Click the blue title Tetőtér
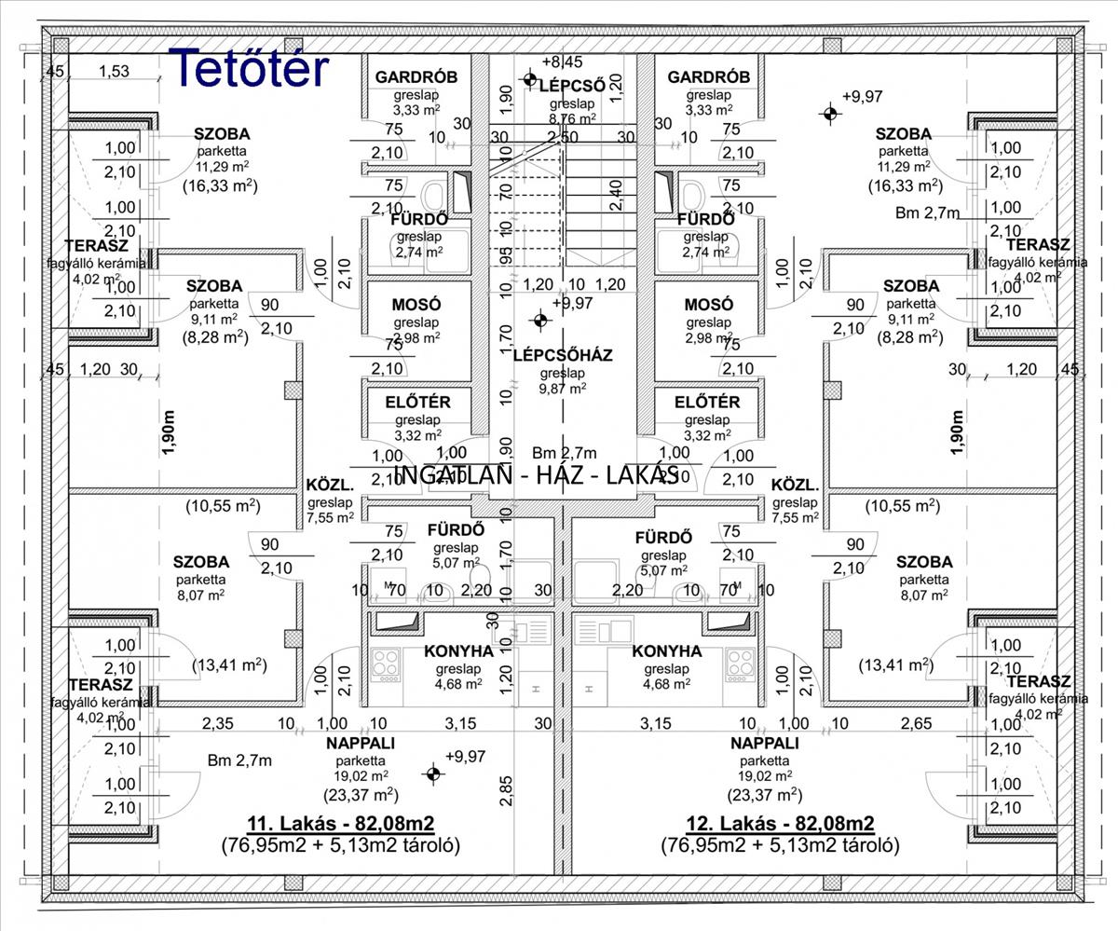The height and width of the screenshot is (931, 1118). tap(251, 67)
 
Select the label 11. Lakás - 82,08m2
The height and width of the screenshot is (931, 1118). tap(341, 823)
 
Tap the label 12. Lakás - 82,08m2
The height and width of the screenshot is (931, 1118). tap(781, 823)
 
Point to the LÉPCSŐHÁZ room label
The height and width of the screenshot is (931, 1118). tap(562, 355)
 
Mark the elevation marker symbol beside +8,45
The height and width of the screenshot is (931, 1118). tap(530, 80)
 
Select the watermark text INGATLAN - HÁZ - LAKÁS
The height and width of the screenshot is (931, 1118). tap(536, 474)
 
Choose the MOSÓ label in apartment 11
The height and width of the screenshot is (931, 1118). tap(416, 305)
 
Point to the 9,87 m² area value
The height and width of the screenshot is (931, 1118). tap(563, 389)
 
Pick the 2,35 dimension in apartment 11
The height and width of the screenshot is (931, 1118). tap(219, 723)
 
